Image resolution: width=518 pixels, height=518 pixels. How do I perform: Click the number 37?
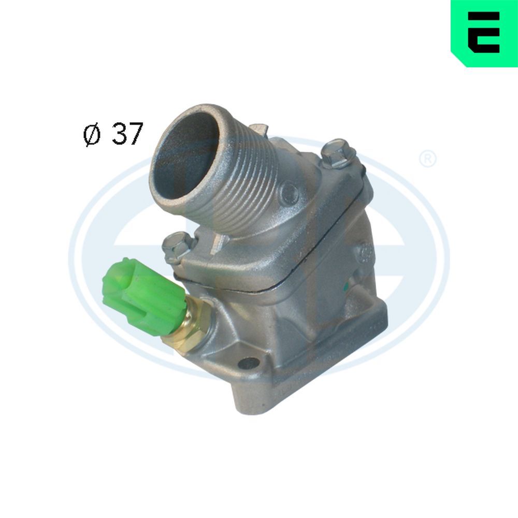click(x=126, y=134)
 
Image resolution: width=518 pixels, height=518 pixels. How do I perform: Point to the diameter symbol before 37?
click(x=91, y=136)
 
